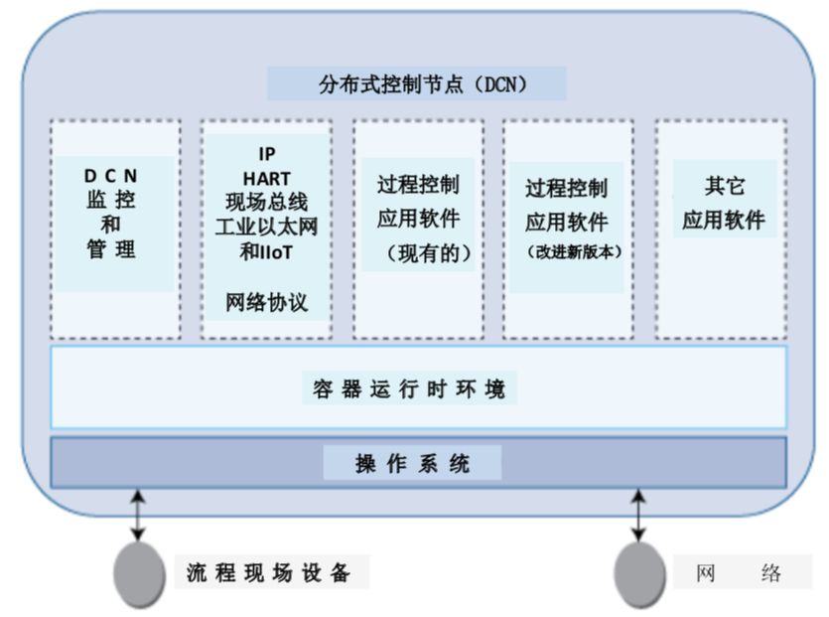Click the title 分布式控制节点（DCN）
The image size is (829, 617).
click(417, 84)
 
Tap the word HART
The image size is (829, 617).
click(266, 179)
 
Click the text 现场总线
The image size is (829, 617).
click(266, 204)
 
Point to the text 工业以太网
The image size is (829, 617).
click(266, 228)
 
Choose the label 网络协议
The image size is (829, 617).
click(266, 302)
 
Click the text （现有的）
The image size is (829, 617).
click(418, 253)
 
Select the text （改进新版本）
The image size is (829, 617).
click(567, 252)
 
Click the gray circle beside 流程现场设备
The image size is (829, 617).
click(139, 574)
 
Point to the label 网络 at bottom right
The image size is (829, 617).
click(740, 573)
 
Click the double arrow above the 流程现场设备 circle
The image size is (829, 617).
click(139, 514)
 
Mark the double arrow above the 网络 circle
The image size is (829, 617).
click(639, 514)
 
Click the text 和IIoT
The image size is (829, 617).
click(266, 252)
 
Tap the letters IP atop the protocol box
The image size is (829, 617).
click(266, 154)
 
